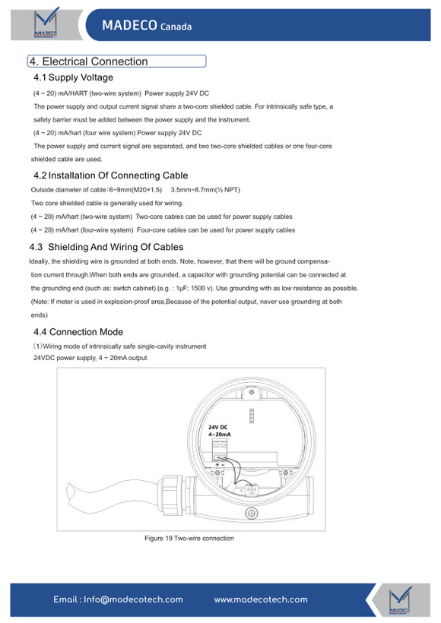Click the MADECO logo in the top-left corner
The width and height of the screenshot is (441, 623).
coord(46,23)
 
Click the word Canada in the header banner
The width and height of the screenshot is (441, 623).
coord(176,27)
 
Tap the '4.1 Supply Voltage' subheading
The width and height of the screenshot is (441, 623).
coord(73,77)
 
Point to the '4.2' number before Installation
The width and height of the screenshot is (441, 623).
coord(40,176)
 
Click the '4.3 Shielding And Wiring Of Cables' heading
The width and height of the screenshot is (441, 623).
coord(106,247)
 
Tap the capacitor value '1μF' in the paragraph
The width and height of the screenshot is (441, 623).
coord(181,289)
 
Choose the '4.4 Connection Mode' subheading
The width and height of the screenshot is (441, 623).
coord(78,332)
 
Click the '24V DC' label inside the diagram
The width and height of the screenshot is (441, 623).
coord(218,427)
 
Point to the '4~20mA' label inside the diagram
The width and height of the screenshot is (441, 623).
coord(220,435)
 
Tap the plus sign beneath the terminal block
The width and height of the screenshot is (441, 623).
coord(217,464)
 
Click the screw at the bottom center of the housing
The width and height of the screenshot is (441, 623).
coord(252,513)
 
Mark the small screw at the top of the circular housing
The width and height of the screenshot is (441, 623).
coord(252,393)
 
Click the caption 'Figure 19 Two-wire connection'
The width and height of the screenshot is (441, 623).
coord(189,539)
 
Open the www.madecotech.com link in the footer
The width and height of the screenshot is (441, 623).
coord(261,599)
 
